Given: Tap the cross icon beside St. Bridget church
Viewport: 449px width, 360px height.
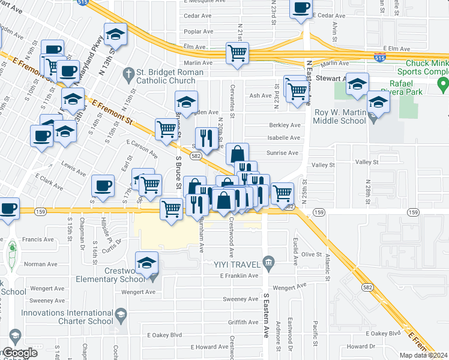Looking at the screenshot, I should pyautogui.click(x=127, y=74).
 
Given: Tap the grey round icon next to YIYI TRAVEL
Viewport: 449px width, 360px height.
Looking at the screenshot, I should pyautogui.click(x=268, y=263).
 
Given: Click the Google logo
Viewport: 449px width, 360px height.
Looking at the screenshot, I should pyautogui.click(x=20, y=353).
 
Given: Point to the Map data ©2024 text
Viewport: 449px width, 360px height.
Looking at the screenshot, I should pyautogui.click(x=423, y=355).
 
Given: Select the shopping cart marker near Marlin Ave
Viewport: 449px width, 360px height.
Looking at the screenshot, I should pyautogui.click(x=238, y=53).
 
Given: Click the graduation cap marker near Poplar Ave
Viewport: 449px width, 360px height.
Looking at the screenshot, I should pyautogui.click(x=115, y=35).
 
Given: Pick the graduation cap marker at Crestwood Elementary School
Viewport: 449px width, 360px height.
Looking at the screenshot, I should pyautogui.click(x=146, y=262).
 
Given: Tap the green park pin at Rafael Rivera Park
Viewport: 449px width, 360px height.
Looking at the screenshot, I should pyautogui.click(x=443, y=82).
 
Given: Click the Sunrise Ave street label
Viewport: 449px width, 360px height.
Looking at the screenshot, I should pyautogui.click(x=282, y=153).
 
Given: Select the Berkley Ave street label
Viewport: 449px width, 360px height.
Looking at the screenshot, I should pyautogui.click(x=285, y=125).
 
